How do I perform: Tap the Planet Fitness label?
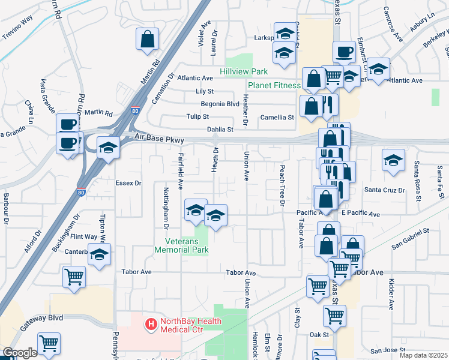(274, 86)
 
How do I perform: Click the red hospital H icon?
(151, 325)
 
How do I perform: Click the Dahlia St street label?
(220, 129)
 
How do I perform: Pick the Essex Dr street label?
(129, 183)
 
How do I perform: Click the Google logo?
(20, 353)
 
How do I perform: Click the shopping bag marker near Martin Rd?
(147, 40)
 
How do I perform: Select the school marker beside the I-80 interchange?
(108, 148)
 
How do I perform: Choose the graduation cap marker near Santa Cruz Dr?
(393, 160)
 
